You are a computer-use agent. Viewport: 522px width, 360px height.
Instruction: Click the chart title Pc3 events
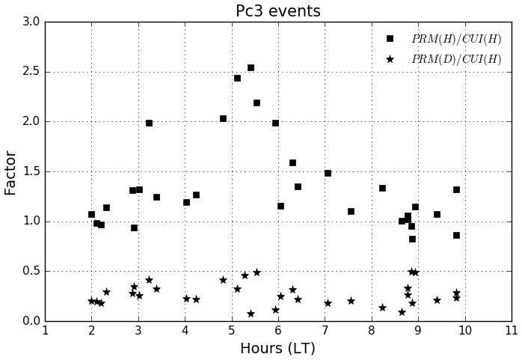click(x=277, y=11)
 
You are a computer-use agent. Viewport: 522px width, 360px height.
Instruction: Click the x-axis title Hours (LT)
click(x=277, y=349)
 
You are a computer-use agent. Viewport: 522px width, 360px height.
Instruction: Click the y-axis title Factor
click(x=11, y=172)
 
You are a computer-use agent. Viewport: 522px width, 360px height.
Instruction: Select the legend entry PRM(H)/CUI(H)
click(x=456, y=39)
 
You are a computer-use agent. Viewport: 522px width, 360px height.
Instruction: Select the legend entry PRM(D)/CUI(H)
click(x=456, y=59)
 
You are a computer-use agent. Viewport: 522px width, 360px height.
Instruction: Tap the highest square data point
click(x=251, y=67)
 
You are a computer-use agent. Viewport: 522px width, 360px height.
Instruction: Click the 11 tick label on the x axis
click(x=512, y=331)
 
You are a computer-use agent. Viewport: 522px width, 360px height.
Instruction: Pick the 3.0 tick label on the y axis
click(x=31, y=22)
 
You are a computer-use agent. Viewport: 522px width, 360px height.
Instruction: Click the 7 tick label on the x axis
click(x=325, y=331)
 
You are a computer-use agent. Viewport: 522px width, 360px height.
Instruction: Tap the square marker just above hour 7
click(x=328, y=173)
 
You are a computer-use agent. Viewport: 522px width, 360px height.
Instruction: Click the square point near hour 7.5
click(x=351, y=211)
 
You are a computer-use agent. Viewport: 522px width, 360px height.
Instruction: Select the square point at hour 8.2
click(x=382, y=188)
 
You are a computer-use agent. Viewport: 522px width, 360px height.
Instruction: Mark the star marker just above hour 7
click(x=328, y=303)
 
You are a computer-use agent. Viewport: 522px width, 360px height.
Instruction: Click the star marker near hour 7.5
click(x=351, y=301)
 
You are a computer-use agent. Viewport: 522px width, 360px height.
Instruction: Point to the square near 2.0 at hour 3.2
click(x=149, y=123)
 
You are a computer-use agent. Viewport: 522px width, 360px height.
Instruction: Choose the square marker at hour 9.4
click(x=437, y=214)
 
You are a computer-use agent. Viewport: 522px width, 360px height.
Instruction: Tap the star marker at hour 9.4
click(x=437, y=300)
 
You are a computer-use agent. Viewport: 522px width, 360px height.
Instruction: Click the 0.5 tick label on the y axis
click(x=31, y=271)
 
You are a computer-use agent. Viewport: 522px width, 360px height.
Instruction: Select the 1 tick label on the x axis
click(x=45, y=331)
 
